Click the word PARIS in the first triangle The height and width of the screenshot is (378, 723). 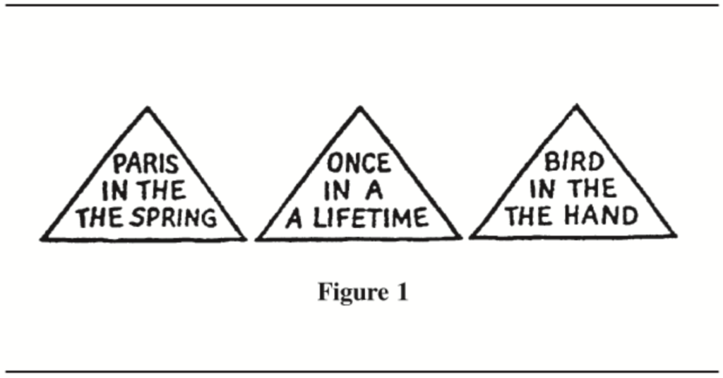[145, 166]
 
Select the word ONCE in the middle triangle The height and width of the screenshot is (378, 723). [358, 164]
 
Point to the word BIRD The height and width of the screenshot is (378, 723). [574, 163]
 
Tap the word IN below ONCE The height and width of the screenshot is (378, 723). [337, 191]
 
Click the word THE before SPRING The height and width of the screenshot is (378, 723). [100, 217]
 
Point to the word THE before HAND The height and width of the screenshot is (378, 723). [529, 215]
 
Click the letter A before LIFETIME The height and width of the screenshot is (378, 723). [293, 217]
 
